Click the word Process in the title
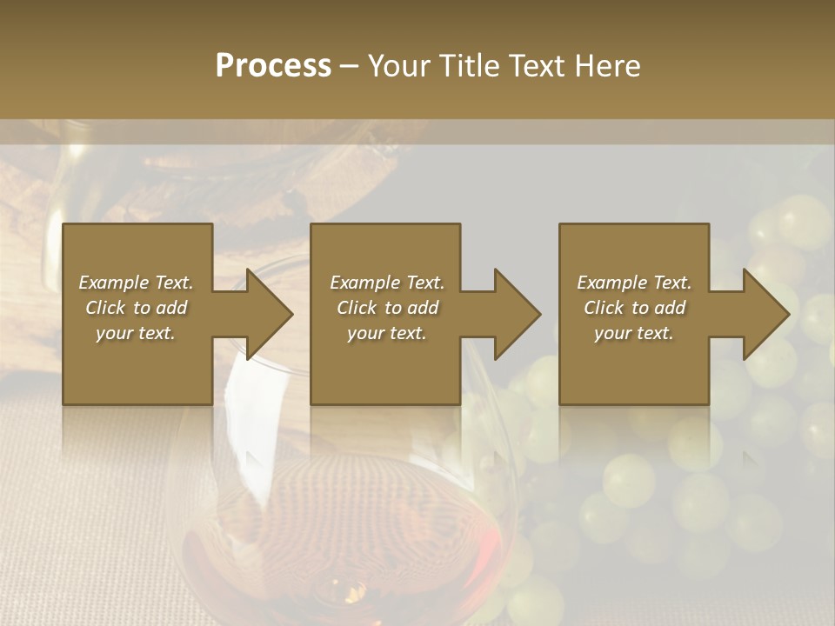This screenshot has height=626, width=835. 273,66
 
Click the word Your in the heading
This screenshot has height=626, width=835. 397,66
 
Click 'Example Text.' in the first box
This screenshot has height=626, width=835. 136,283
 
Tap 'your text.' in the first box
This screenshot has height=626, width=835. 136,333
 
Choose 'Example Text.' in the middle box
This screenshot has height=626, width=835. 387,283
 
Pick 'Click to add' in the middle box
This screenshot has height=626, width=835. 387,308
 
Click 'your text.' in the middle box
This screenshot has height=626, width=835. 387,333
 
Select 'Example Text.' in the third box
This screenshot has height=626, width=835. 634,283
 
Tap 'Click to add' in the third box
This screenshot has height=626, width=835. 634,308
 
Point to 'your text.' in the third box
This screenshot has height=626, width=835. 634,333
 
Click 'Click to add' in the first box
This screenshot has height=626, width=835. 136,308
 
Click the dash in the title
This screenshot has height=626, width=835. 349,66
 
